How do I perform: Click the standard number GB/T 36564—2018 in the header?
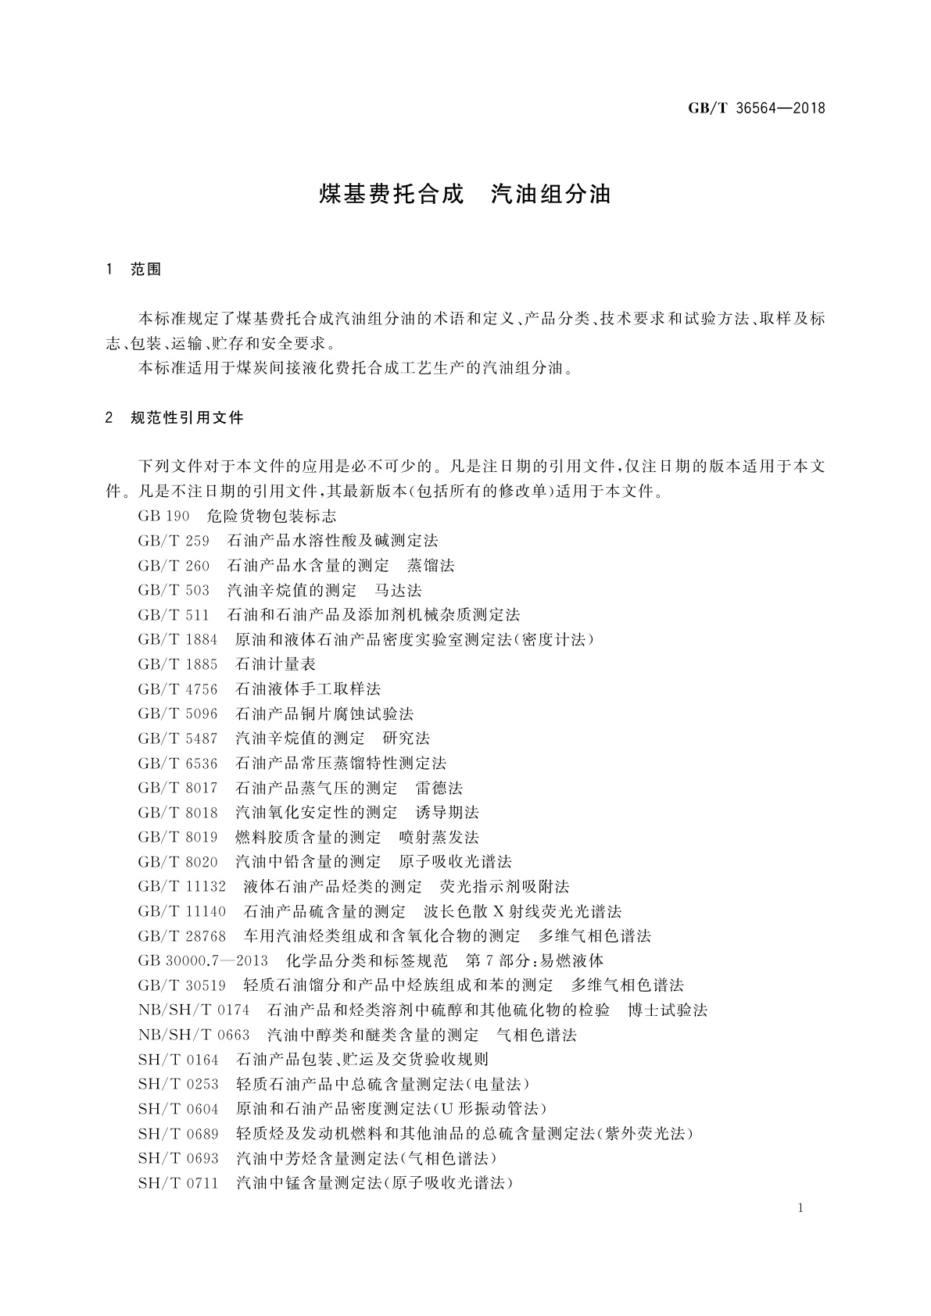(757, 108)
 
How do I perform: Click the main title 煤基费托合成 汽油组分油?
(465, 194)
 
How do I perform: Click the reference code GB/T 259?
(174, 541)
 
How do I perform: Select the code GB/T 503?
(174, 590)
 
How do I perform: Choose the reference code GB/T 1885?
(177, 664)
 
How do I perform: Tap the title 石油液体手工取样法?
(308, 689)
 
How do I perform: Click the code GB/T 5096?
(177, 713)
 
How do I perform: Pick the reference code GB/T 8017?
(177, 788)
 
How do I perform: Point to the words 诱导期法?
(448, 813)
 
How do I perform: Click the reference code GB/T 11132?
(182, 887)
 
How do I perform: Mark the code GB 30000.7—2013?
(202, 960)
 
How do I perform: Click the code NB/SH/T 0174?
(194, 1010)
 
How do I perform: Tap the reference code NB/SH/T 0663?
(194, 1035)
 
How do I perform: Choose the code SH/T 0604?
(178, 1109)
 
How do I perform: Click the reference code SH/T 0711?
(178, 1183)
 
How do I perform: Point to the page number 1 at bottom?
(801, 1209)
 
